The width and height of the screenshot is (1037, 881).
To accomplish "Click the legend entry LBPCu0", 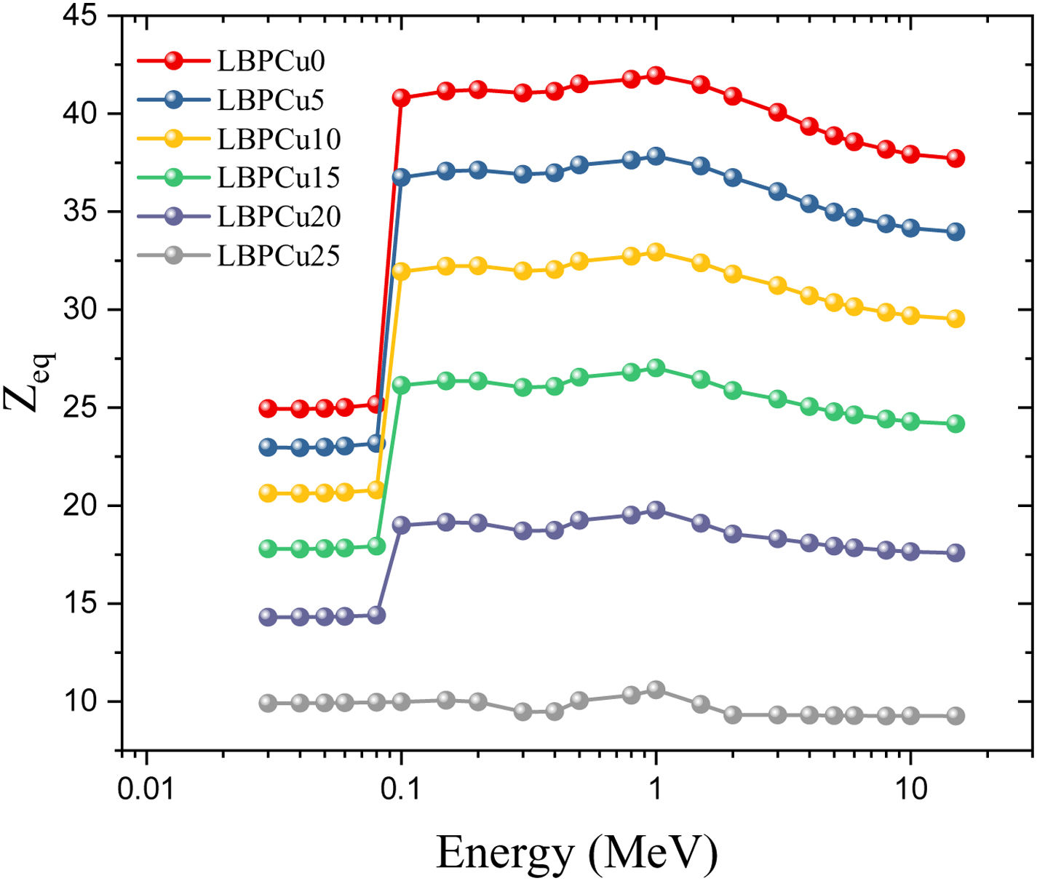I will click(271, 61).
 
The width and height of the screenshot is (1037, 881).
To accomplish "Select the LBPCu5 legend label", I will click(271, 100).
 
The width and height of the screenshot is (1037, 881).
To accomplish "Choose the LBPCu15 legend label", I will click(279, 178).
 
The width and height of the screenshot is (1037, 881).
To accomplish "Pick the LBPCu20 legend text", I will click(279, 217).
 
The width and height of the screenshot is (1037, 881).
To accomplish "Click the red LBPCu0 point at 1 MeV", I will click(656, 75).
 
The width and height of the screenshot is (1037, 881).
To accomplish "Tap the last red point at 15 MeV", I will click(955, 159).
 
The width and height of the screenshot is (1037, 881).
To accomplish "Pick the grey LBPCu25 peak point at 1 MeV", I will click(656, 690).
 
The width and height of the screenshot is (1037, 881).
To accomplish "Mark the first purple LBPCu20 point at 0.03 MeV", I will click(269, 617).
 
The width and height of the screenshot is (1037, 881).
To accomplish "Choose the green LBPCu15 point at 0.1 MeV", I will click(401, 385).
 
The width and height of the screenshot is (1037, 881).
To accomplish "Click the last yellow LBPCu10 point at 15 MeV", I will click(955, 319).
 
